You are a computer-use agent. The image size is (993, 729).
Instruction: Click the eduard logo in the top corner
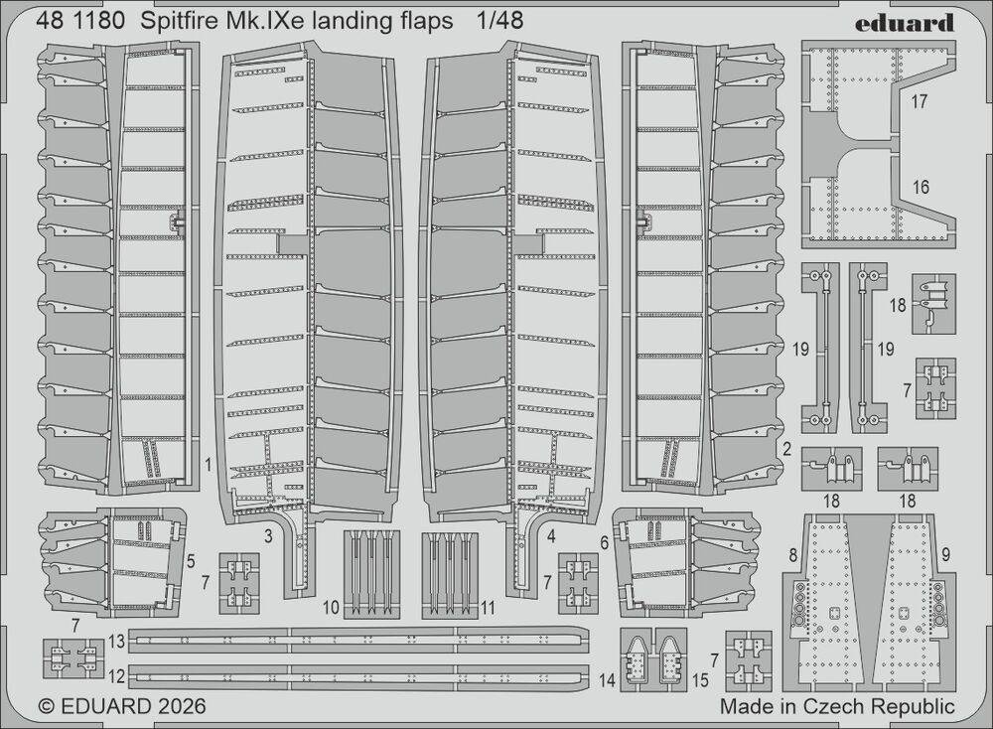905,24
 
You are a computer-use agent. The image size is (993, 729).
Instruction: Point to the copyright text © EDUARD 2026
122,706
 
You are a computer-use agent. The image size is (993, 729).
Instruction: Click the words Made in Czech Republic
837,705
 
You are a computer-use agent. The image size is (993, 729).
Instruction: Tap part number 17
920,101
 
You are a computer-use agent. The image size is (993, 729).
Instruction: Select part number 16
921,187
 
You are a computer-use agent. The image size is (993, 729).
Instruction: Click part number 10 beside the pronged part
332,608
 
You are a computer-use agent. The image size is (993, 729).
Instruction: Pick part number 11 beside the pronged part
487,608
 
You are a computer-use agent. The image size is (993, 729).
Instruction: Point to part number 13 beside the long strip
116,642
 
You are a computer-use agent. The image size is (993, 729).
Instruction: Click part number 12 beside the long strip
116,676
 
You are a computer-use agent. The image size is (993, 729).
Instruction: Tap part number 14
607,680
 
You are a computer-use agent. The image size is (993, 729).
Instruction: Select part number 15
700,680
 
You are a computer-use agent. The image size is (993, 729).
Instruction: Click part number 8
792,556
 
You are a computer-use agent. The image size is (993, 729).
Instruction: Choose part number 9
945,555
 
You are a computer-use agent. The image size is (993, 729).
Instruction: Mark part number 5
191,561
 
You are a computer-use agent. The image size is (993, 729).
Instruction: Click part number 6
604,542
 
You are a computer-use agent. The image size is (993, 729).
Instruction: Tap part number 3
268,537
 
